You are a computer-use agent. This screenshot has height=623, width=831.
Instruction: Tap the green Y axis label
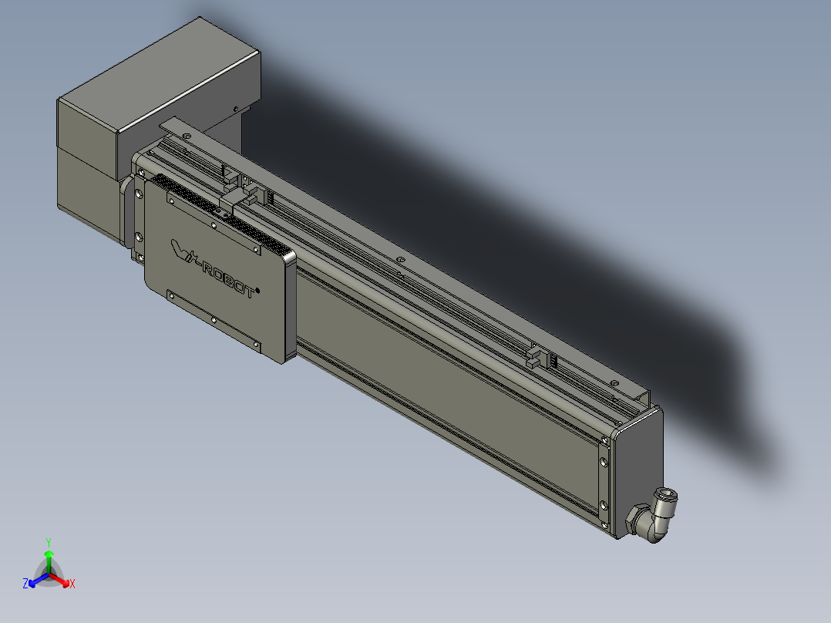coord(49,542)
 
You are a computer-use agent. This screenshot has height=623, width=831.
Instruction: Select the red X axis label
coord(72,584)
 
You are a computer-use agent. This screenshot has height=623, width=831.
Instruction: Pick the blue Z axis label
coord(25,584)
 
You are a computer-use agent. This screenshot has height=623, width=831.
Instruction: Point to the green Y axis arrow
coord(49,560)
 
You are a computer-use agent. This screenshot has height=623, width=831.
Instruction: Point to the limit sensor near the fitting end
coord(540,357)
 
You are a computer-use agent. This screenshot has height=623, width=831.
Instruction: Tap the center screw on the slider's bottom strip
coord(212,318)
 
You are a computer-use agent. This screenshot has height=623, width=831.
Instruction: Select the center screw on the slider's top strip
coord(214,224)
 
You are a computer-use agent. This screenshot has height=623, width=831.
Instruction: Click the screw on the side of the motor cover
coord(234,109)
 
